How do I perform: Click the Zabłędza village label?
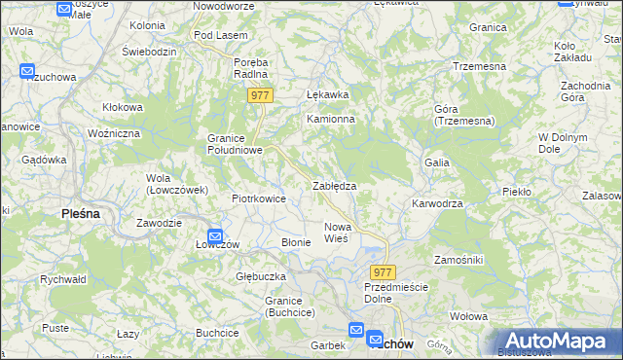coord(334,185)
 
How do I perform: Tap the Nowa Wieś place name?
coord(336,233)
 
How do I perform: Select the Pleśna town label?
coord(82,213)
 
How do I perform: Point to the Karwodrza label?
coord(436,204)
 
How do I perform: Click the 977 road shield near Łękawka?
coord(260,95)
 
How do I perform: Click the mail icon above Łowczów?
coord(216,235)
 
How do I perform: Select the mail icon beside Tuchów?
coord(376,338)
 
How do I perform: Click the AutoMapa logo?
coord(558,341)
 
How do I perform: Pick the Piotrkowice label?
coord(258,198)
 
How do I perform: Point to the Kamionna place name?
coord(331,119)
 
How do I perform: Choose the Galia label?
coord(436,162)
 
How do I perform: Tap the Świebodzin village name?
coord(149,50)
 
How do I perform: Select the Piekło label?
coord(516,192)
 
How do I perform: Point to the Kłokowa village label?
coord(123,108)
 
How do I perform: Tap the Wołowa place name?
coord(468,316)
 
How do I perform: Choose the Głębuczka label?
coord(260,276)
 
